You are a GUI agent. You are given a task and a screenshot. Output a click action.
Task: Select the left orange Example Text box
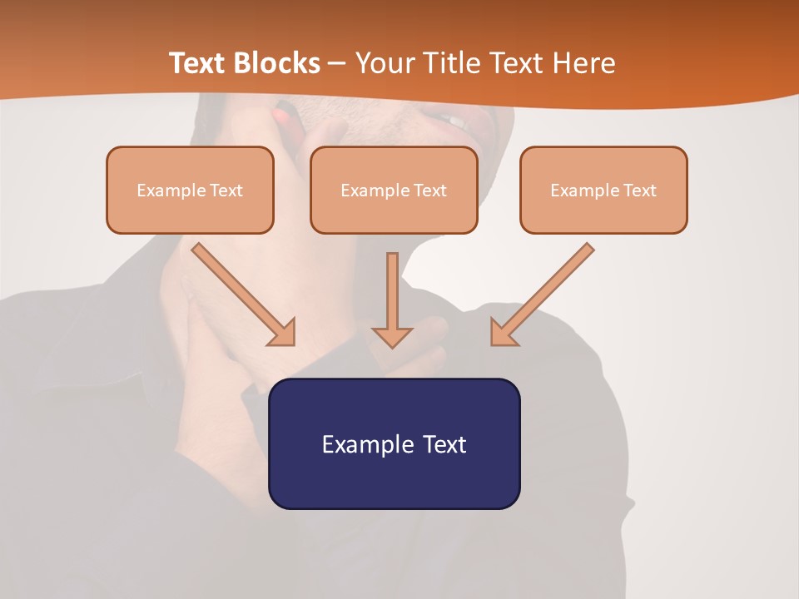click(x=190, y=190)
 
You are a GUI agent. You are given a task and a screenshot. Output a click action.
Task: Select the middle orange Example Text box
click(x=394, y=190)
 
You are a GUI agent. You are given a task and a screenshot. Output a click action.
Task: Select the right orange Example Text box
click(x=603, y=190)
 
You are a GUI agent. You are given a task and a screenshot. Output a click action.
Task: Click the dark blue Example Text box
click(x=394, y=443)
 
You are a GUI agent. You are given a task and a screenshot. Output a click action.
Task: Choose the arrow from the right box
click(x=544, y=292)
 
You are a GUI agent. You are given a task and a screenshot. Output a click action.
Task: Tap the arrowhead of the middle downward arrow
click(x=392, y=336)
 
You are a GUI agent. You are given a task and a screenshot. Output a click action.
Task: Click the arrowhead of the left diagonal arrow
click(x=283, y=333)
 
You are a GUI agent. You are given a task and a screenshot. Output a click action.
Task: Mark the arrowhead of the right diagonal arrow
click(x=503, y=332)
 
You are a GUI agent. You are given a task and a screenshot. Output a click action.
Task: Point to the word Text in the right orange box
click(x=639, y=191)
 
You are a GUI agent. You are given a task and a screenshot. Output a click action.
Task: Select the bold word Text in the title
click(x=198, y=63)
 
